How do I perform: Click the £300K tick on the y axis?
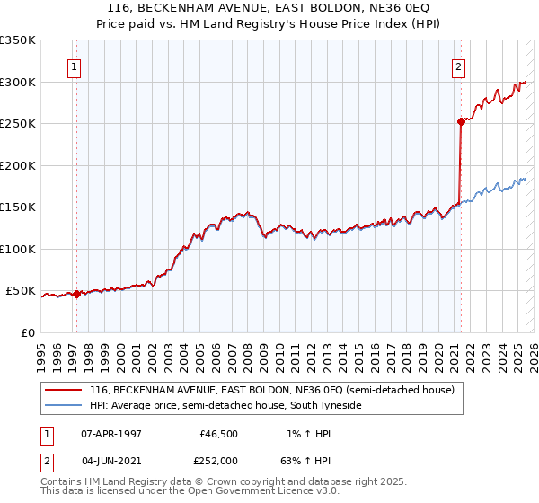pos(19,82)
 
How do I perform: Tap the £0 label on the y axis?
pos(28,332)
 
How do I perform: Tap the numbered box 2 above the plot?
pos(458,66)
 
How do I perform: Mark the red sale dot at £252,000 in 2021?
pos(461,121)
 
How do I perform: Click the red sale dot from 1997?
pos(76,294)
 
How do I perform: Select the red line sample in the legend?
pos(63,390)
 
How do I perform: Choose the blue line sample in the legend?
pos(63,406)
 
